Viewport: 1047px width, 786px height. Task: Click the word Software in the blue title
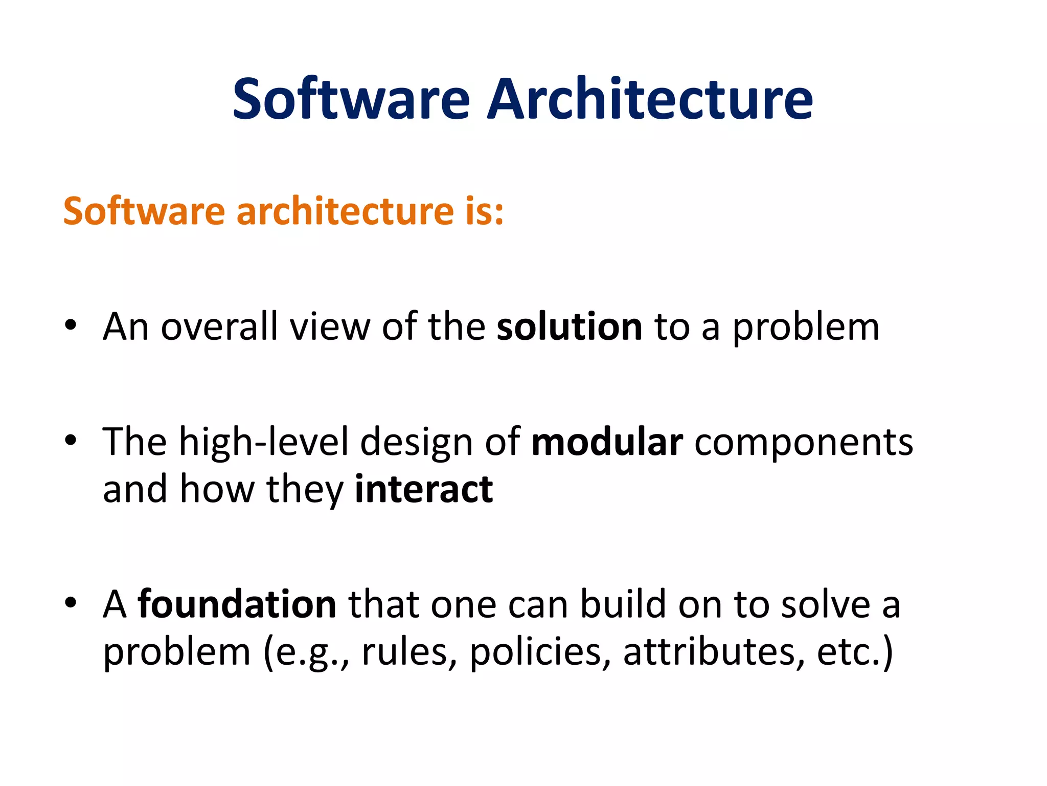351,100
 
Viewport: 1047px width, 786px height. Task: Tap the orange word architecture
345,211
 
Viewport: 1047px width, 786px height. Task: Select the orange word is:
484,211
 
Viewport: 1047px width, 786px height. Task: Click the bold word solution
569,327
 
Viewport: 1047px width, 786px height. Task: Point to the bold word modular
607,442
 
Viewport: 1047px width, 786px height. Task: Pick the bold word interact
424,490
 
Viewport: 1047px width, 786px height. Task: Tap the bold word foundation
237,604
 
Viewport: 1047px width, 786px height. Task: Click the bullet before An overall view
71,325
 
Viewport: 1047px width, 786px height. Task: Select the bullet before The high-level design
71,441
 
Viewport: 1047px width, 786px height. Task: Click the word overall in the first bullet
219,327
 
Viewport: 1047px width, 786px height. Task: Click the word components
803,443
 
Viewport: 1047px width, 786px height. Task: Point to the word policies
539,653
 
